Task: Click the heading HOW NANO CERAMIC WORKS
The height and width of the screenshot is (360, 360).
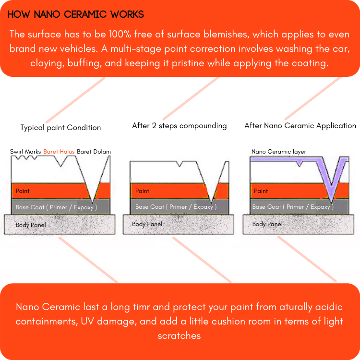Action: tap(76, 14)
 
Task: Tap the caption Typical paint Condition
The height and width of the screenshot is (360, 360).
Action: tap(60, 128)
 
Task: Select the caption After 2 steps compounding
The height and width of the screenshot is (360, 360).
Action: tap(180, 126)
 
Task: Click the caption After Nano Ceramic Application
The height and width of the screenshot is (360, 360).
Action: tap(300, 126)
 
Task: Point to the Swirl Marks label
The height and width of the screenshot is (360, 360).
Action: tap(25, 152)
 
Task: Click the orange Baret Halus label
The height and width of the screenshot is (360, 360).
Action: tap(59, 152)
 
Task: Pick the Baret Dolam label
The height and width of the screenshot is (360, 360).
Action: tap(94, 152)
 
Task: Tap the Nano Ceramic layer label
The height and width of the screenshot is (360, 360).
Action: tap(279, 152)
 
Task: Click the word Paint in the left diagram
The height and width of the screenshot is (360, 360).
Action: tap(23, 191)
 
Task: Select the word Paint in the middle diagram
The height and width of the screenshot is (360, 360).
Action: tap(142, 191)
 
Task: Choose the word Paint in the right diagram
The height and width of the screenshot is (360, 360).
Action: tap(261, 191)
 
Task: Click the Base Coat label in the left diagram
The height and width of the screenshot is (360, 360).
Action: tap(56, 207)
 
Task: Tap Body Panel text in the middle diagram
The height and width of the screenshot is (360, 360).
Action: tap(147, 224)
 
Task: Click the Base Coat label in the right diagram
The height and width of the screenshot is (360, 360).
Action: tap(292, 207)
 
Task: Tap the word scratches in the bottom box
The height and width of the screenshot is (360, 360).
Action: tap(179, 335)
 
